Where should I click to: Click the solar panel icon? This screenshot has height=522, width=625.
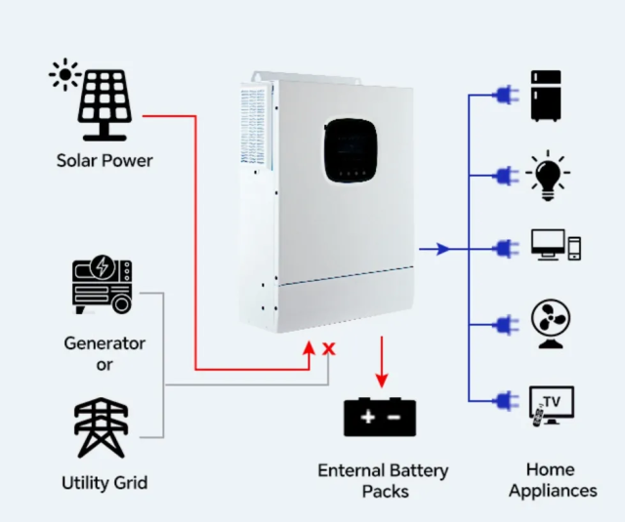104,103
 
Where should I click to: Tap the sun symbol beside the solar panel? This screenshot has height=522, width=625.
64,74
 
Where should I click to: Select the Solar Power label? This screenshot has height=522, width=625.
104,159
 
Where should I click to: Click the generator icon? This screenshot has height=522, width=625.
103,286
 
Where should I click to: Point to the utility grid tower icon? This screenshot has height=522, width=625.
102,427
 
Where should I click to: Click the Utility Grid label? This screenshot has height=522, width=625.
104,483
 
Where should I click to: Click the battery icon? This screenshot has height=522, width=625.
380,417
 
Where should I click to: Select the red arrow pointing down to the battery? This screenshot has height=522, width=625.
382,361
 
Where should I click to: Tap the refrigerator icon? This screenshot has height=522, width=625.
546,96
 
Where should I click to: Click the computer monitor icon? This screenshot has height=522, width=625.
548,244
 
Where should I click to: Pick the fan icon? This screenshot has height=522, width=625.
550,323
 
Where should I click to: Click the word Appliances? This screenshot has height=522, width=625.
553,491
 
